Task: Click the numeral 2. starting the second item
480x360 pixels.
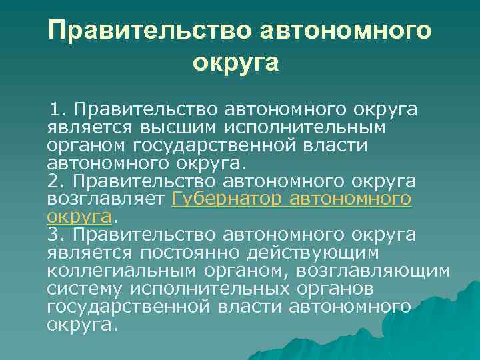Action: (x=56, y=181)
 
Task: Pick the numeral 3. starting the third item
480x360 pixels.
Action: (x=56, y=235)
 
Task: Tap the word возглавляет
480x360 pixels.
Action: (x=106, y=199)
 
